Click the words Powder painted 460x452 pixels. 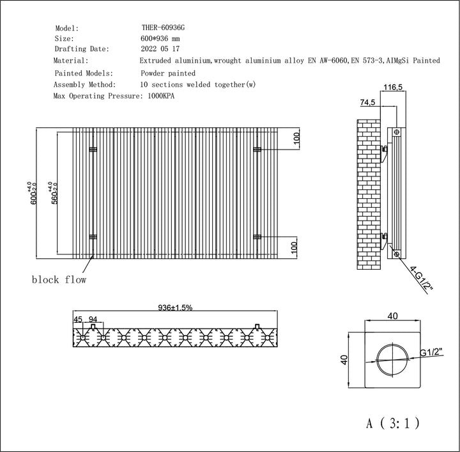(168, 74)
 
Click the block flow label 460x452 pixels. (59, 279)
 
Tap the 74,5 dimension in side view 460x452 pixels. (367, 102)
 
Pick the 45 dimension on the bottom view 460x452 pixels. (78, 319)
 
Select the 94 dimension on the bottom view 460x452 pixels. (93, 319)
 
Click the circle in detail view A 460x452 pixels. (392, 359)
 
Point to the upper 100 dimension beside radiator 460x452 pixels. (296, 139)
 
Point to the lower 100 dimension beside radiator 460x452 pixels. (296, 246)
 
